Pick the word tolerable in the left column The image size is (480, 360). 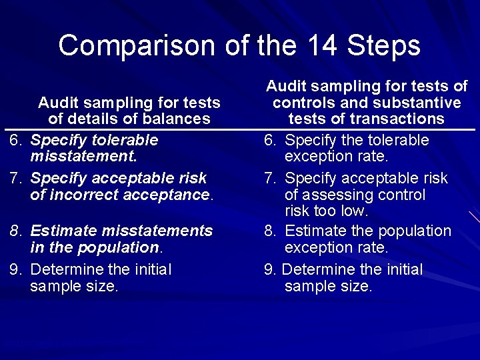click(x=127, y=140)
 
